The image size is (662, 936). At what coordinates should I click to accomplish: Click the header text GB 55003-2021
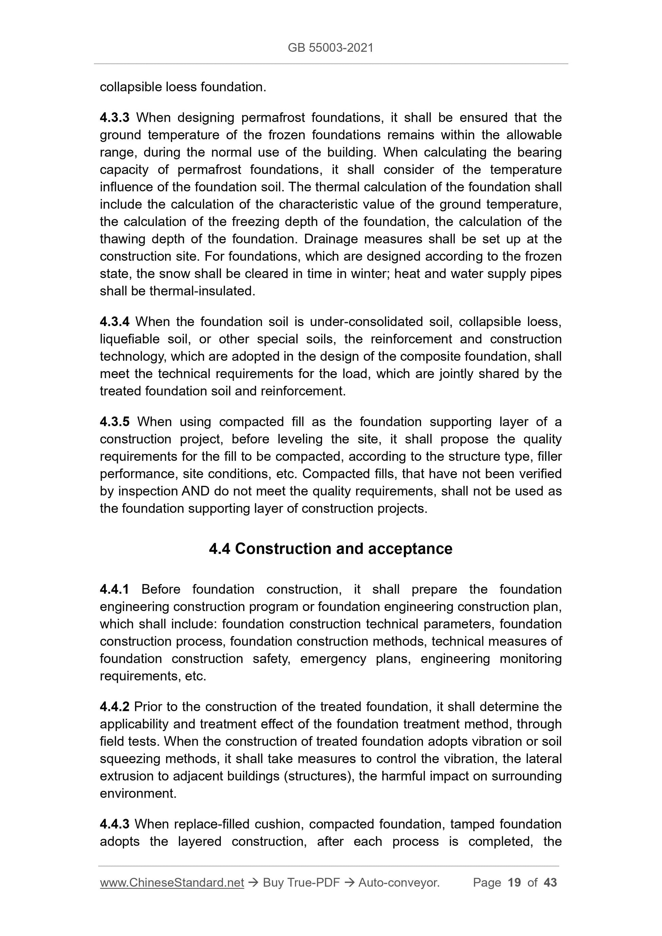point(330,48)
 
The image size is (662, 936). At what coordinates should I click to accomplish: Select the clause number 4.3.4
point(114,322)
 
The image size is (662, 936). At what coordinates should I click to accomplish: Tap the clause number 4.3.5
point(114,422)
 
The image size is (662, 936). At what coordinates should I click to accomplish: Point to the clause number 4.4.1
point(114,589)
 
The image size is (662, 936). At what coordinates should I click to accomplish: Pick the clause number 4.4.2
point(114,707)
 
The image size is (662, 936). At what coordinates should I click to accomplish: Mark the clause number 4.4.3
point(114,824)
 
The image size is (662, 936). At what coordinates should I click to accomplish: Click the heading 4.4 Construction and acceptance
point(330,549)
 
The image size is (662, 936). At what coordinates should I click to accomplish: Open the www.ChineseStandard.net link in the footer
point(172,883)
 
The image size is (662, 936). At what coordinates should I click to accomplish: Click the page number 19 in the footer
point(514,883)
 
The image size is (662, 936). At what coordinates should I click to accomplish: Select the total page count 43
point(550,883)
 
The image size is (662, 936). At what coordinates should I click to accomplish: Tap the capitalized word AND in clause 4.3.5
point(195,491)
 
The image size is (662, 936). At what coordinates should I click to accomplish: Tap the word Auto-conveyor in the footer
point(398,883)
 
